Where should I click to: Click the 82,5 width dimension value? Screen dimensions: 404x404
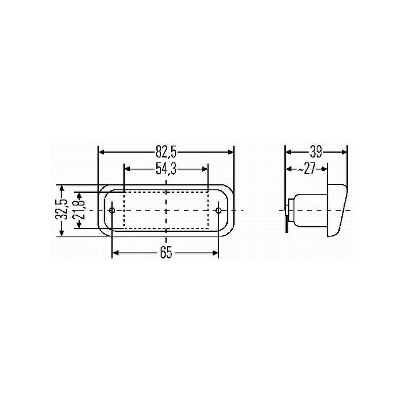coord(166,151)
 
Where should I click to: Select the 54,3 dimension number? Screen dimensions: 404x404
coord(166,170)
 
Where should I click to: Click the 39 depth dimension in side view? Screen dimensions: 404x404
coord(316,151)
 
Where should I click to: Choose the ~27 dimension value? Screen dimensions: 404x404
coord(306,170)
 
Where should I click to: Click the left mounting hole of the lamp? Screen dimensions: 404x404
coord(112,210)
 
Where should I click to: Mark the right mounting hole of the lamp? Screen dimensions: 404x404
coord(219,210)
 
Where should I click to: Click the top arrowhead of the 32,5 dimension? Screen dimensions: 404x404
coord(62,188)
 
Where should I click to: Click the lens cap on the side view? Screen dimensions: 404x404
coord(337,210)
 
